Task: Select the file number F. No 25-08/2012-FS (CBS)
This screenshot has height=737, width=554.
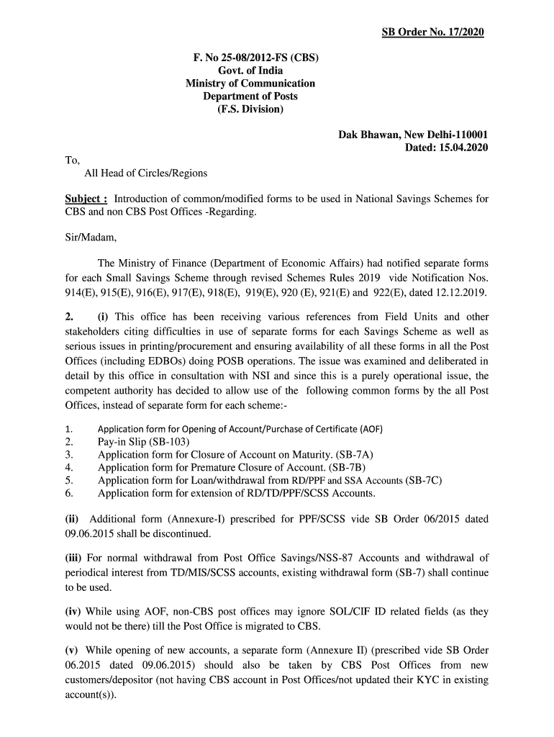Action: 250,58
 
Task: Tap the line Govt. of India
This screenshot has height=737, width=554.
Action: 250,71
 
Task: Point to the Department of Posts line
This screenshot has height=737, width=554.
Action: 250,96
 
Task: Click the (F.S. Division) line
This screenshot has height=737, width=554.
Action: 250,109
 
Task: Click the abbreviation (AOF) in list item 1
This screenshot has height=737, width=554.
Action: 371,430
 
